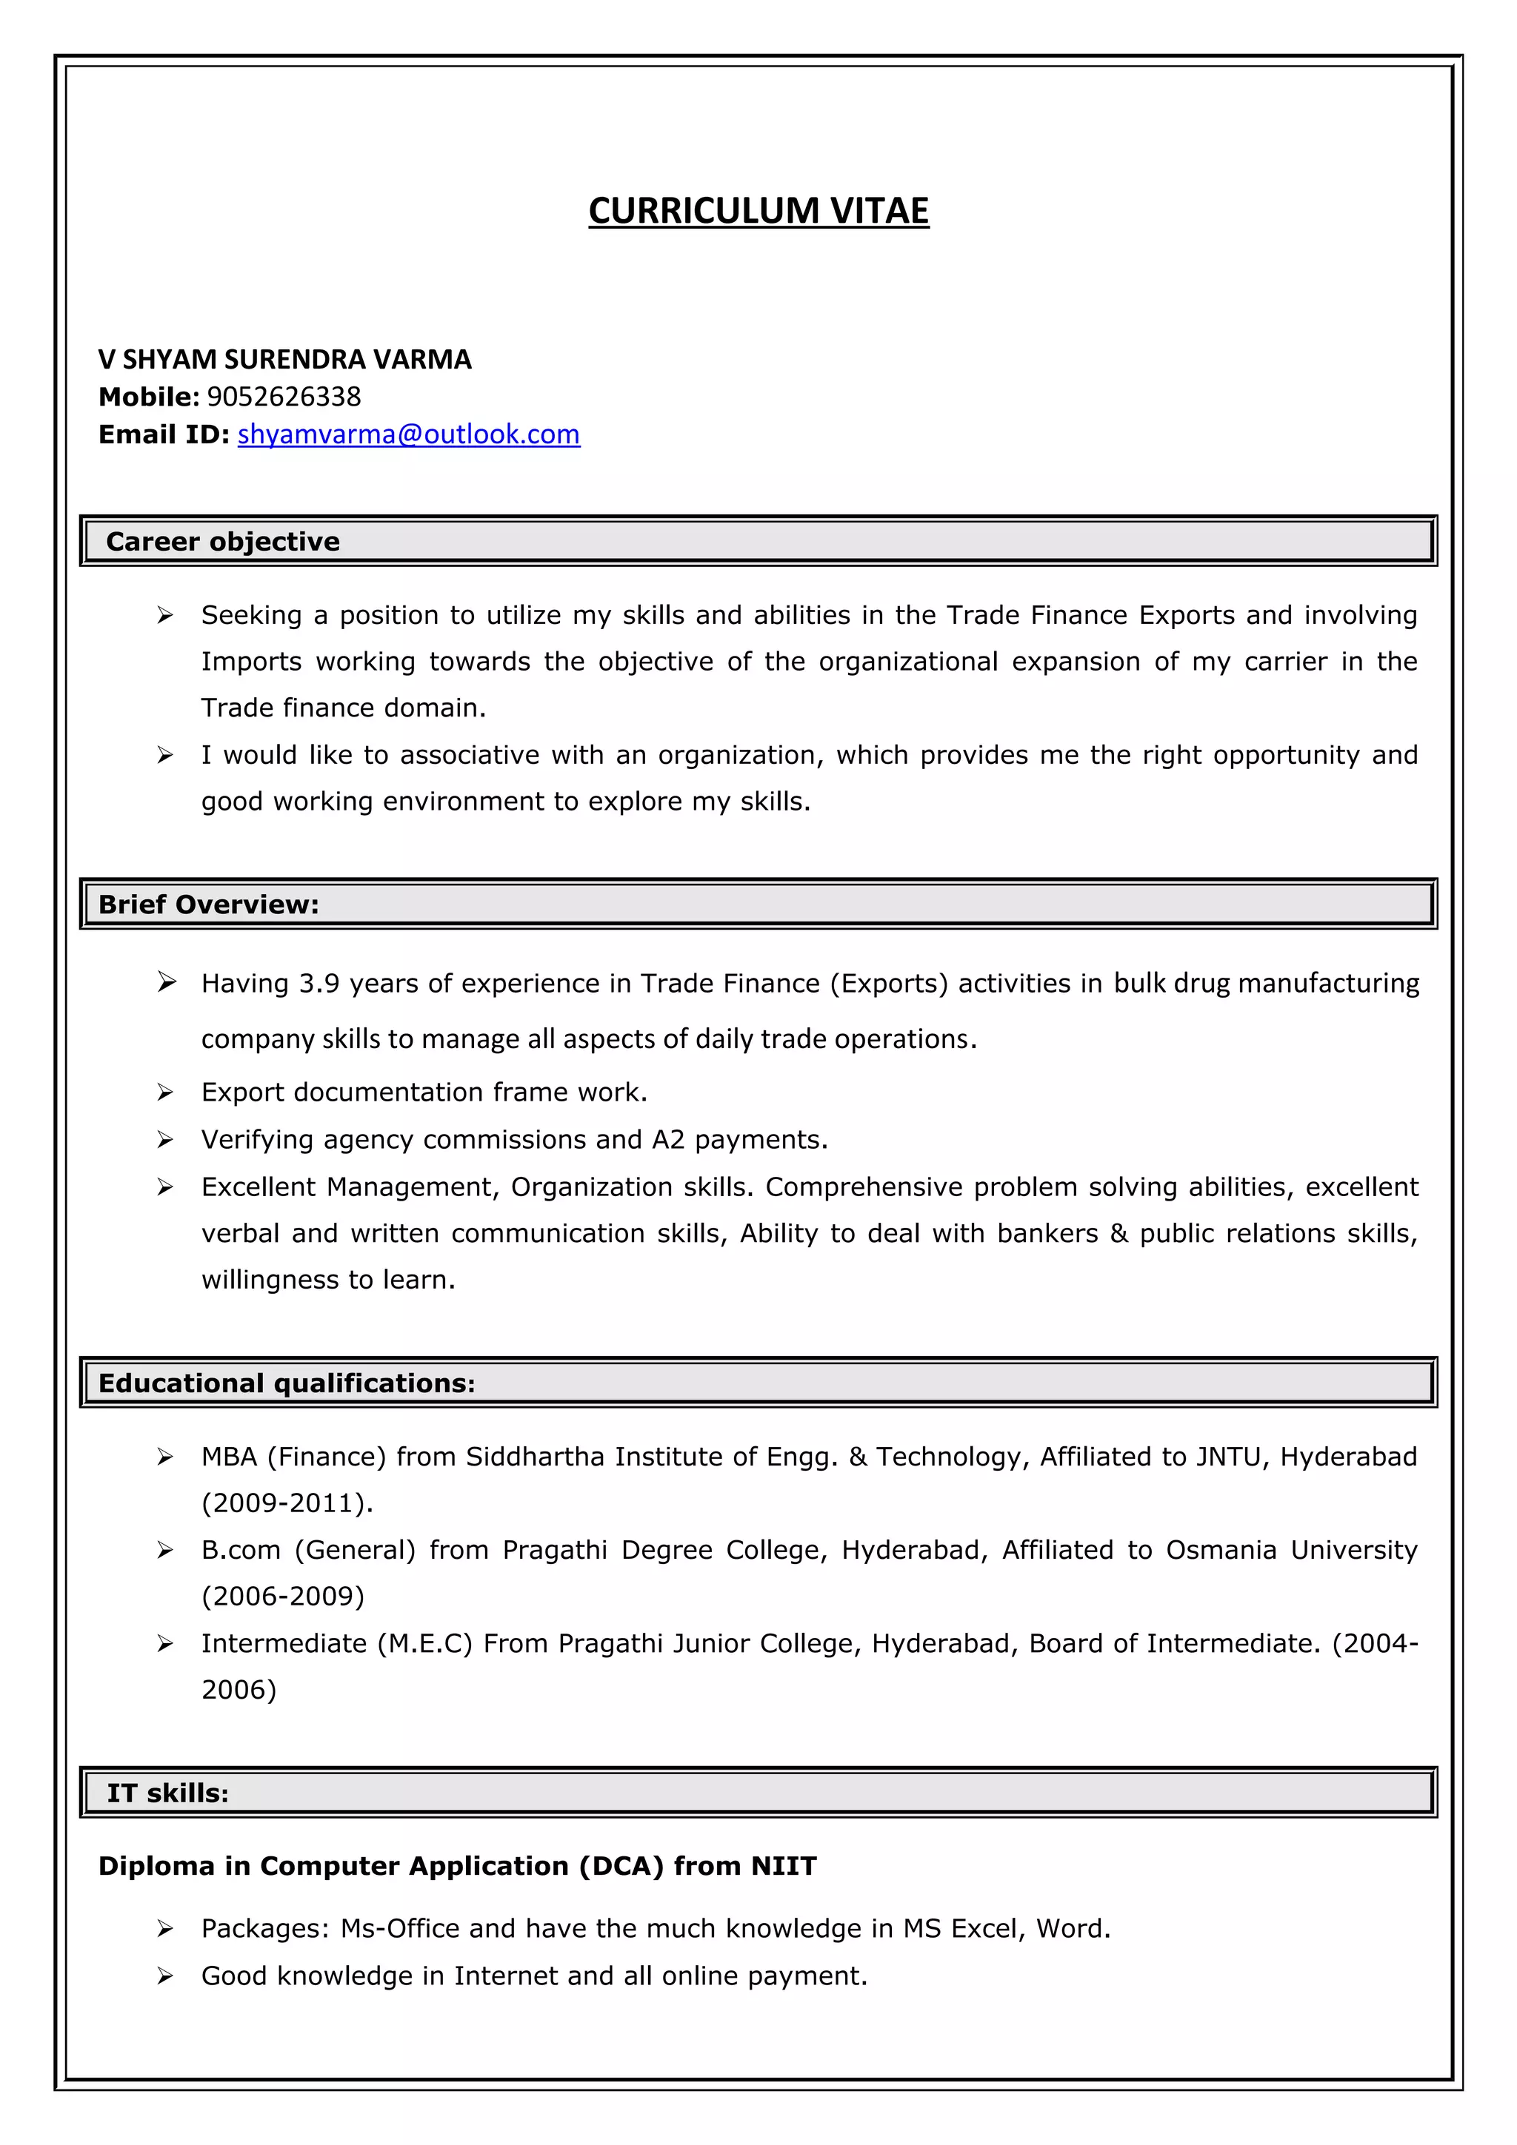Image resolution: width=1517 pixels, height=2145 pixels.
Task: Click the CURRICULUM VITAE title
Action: pos(758,211)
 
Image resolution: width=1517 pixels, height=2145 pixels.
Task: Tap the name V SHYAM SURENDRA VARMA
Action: pos(285,360)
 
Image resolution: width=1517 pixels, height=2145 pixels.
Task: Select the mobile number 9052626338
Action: pos(283,397)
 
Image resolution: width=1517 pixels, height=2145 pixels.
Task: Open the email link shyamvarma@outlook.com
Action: pos(408,434)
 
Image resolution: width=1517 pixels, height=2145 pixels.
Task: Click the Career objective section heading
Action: pos(222,542)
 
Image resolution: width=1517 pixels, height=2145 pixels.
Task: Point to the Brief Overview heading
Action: pos(208,904)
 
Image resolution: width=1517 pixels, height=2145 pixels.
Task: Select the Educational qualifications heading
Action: pos(286,1383)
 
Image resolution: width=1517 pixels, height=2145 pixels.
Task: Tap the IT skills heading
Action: pos(167,1793)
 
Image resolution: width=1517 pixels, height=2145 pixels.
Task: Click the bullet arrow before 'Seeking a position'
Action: pos(165,616)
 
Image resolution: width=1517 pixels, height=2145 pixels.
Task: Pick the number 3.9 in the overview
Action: pos(319,984)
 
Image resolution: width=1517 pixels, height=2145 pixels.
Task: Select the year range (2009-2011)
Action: pos(287,1503)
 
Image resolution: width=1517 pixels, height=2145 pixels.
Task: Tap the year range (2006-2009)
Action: pos(283,1597)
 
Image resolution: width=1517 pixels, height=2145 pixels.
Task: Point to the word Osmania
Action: pos(1221,1551)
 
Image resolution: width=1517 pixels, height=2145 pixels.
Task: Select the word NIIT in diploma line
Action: pos(783,1867)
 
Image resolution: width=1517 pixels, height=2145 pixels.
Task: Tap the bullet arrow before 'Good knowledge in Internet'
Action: pos(165,1976)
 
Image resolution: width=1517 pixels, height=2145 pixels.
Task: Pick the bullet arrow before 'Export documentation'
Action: pos(165,1092)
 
